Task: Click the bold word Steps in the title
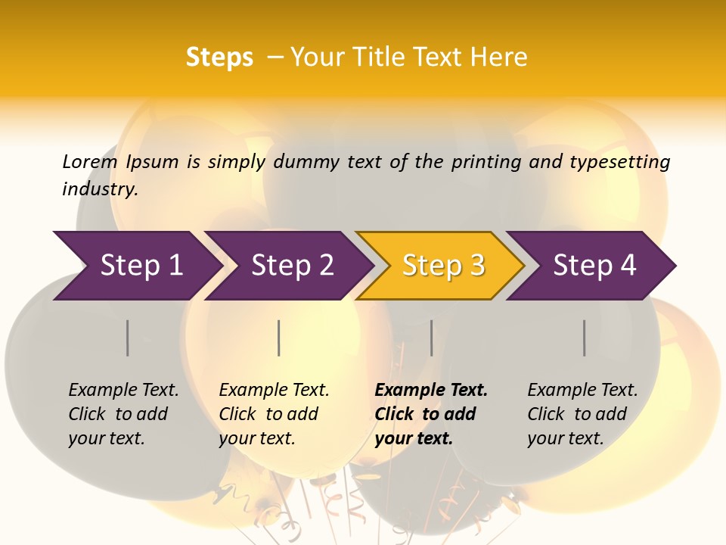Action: pos(219,58)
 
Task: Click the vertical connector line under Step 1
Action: pos(128,338)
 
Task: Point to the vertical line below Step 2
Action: pos(279,338)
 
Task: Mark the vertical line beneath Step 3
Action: pos(432,338)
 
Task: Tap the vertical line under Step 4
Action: pos(585,338)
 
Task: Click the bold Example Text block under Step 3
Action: pos(431,414)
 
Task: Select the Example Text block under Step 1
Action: pos(123,414)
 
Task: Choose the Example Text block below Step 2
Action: pos(274,414)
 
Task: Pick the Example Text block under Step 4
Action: pos(582,414)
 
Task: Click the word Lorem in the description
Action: pos(90,162)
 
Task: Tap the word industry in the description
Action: pos(100,188)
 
